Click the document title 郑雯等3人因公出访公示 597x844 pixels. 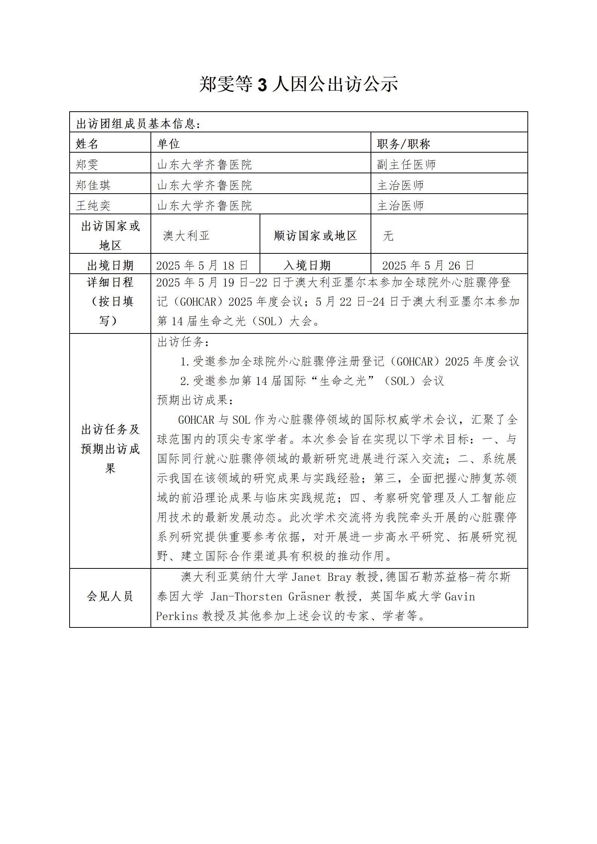pyautogui.click(x=298, y=84)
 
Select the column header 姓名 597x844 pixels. pyautogui.click(x=87, y=144)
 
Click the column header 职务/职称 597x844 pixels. pyautogui.click(x=403, y=144)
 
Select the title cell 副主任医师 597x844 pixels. pyautogui.click(x=406, y=164)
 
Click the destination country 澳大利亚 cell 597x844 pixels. pyautogui.click(x=186, y=236)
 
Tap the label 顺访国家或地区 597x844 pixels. pyautogui.click(x=315, y=236)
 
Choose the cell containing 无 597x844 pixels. pyautogui.click(x=388, y=236)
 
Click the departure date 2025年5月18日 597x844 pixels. pyautogui.click(x=202, y=265)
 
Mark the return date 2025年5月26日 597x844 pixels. pyautogui.click(x=428, y=265)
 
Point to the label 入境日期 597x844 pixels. pyautogui.click(x=307, y=265)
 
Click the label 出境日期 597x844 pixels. pyautogui.click(x=110, y=265)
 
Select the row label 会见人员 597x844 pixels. pyautogui.click(x=110, y=596)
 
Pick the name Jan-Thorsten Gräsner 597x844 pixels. pyautogui.click(x=270, y=597)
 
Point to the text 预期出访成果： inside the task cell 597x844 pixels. pyautogui.click(x=195, y=400)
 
